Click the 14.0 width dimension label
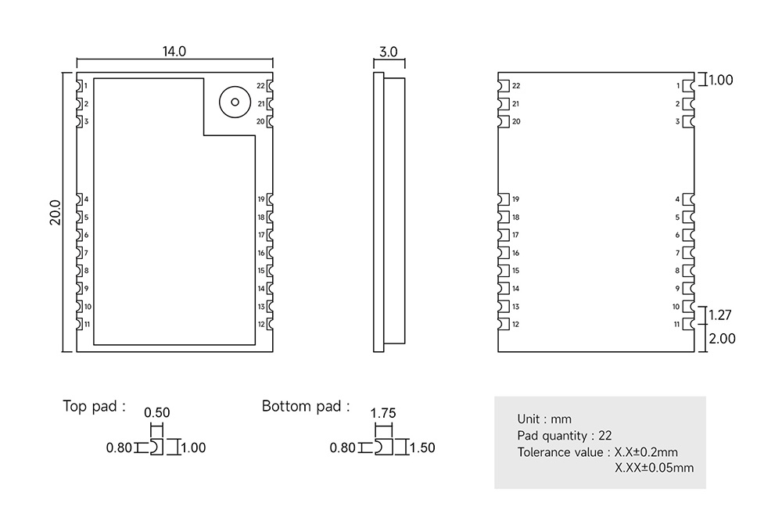click(x=174, y=52)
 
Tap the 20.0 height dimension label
click(x=55, y=213)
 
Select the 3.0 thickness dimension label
click(x=389, y=52)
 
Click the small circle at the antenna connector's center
click(x=235, y=102)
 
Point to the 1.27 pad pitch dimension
click(x=719, y=315)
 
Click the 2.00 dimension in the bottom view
click(x=722, y=338)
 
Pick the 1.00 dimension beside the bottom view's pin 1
click(x=721, y=80)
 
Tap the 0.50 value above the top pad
click(x=156, y=413)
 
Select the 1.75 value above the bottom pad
click(x=383, y=413)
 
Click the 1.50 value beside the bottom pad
click(x=422, y=448)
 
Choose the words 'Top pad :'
click(x=94, y=406)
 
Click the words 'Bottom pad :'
click(x=306, y=406)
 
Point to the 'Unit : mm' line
click(x=544, y=419)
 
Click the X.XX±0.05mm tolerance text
click(x=654, y=468)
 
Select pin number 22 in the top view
click(x=260, y=86)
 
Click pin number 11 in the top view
click(x=87, y=325)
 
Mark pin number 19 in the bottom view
click(x=515, y=199)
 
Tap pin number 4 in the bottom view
click(x=677, y=199)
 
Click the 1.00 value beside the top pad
click(x=193, y=448)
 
